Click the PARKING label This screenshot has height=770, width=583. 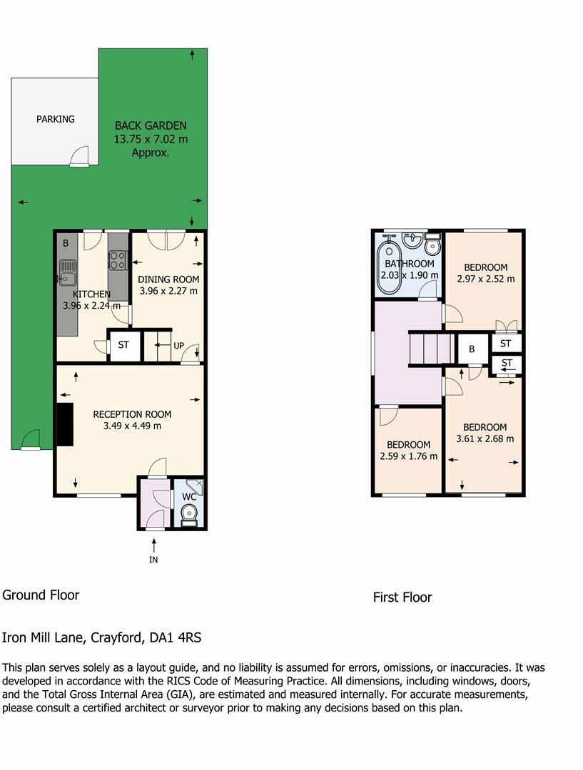(56, 119)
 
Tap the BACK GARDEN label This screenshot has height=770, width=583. (151, 126)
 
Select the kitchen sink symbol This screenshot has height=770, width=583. (68, 272)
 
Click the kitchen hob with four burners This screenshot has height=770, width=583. (118, 260)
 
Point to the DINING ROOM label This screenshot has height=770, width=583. (168, 279)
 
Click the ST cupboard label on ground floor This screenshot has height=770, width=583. (123, 345)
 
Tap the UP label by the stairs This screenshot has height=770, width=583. (178, 346)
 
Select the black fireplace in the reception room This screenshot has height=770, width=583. (64, 424)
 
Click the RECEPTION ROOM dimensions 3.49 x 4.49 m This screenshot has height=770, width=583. (132, 426)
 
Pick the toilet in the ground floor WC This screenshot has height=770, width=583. (189, 513)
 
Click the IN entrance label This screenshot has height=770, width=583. (153, 560)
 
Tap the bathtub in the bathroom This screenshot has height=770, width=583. (389, 267)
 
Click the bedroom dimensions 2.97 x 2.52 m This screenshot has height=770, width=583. (486, 279)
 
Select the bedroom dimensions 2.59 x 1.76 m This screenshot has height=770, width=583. (409, 456)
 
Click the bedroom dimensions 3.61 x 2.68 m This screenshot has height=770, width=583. (485, 439)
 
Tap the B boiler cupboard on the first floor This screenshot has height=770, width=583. (472, 349)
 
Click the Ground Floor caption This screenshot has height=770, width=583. (41, 595)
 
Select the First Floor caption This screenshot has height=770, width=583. (402, 597)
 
